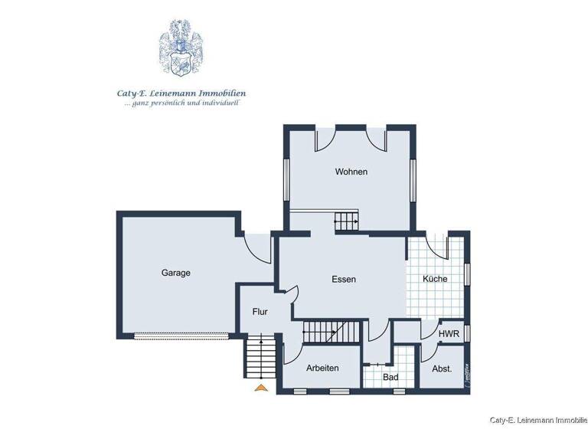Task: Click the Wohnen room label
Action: point(351,172)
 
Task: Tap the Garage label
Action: point(175,273)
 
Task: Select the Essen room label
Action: point(344,280)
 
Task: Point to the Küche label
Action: point(436,279)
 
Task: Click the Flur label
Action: point(260,312)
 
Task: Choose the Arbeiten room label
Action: point(322,368)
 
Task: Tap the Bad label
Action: point(390,378)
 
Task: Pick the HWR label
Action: point(449,334)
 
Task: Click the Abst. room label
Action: point(442,368)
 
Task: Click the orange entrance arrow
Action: point(261,388)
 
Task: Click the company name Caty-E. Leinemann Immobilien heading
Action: point(181,93)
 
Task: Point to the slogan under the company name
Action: point(181,103)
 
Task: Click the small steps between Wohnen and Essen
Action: point(346,222)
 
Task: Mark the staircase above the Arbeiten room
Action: point(331,332)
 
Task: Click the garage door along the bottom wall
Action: point(181,335)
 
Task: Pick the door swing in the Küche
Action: point(437,244)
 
